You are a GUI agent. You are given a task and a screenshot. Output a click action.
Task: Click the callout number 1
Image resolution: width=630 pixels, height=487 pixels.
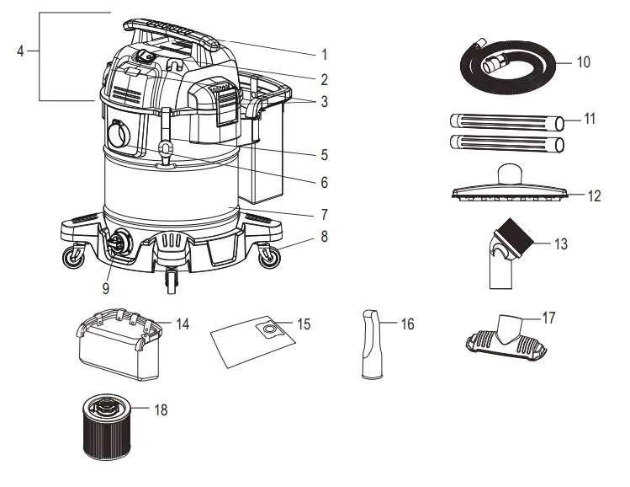coord(323,54)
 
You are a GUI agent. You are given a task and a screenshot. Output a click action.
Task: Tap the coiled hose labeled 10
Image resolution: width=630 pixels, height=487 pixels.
coord(504,64)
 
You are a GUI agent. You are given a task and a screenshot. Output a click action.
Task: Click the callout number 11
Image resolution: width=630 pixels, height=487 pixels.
coord(590,119)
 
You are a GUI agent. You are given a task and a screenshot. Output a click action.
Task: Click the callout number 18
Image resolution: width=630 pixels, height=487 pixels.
coord(160,410)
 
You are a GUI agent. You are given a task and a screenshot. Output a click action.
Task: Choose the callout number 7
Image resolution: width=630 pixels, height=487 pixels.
coord(323,214)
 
